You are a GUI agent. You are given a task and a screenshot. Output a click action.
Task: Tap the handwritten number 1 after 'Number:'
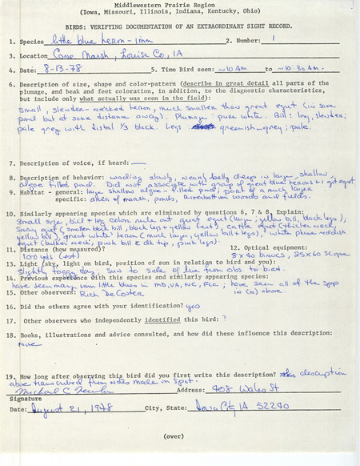tap(274, 38)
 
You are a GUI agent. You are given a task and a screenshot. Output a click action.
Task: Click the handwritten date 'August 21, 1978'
tap(72, 408)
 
